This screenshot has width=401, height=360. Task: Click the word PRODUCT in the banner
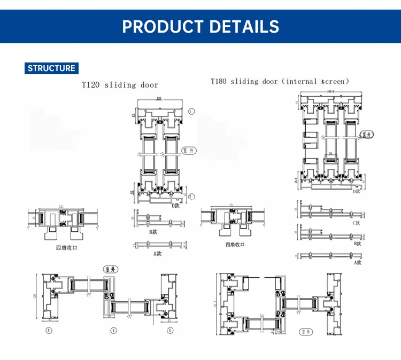pyautogui.click(x=161, y=26)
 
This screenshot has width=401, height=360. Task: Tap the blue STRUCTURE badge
pyautogui.click(x=51, y=68)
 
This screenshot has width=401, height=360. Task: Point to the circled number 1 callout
pyautogui.click(x=192, y=111)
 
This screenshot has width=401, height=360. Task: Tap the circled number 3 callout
pyautogui.click(x=49, y=331)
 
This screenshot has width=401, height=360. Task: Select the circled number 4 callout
pyautogui.click(x=113, y=331)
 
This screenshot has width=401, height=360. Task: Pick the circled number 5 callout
pyautogui.click(x=171, y=331)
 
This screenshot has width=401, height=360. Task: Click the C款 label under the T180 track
pyautogui.click(x=357, y=222)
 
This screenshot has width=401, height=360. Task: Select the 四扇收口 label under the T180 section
pyautogui.click(x=235, y=245)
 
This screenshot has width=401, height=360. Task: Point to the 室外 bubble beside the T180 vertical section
pyautogui.click(x=366, y=135)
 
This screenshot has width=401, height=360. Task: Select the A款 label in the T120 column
pyautogui.click(x=157, y=254)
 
